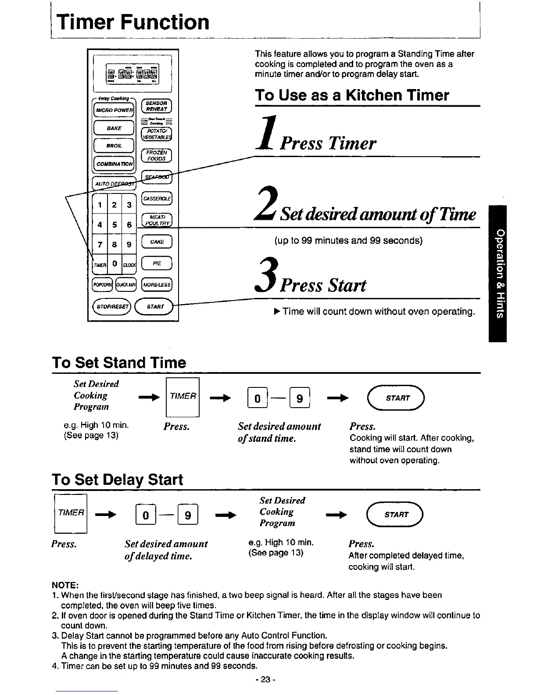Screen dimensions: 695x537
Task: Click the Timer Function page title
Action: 133,22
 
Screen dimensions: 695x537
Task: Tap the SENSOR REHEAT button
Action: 156,106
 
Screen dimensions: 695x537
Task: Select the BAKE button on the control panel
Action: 114,128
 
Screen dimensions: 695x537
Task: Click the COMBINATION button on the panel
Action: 114,164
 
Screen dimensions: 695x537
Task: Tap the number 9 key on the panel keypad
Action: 129,245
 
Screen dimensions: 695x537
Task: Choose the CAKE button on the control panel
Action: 157,242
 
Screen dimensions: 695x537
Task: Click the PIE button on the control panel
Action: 157,264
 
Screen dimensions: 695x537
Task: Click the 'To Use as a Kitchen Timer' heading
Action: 352,95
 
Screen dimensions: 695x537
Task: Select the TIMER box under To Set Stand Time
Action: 183,397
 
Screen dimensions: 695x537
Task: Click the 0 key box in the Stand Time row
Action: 258,398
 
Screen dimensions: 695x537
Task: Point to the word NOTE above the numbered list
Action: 65,585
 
